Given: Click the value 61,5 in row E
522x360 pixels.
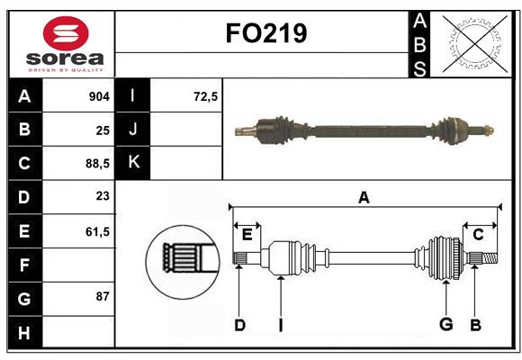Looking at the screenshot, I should [96, 231].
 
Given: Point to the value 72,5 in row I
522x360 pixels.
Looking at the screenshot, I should [206, 96].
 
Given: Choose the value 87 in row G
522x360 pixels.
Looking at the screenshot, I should [102, 298].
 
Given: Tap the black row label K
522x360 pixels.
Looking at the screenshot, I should [134, 163].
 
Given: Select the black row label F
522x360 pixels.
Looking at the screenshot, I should [24, 265].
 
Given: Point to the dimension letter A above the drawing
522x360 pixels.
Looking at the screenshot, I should [364, 197].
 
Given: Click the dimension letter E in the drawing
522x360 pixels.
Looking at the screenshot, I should [247, 235].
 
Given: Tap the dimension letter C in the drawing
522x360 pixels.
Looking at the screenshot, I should [478, 234].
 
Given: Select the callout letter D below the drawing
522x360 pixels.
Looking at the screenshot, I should [239, 325].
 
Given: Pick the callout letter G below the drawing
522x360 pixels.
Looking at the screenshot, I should [445, 325].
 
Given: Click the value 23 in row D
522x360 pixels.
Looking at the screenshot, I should [102, 197].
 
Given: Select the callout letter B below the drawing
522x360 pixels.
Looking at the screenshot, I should [475, 325].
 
